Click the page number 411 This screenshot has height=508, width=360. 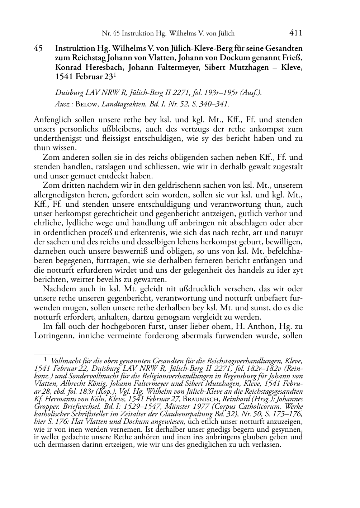click(295, 33)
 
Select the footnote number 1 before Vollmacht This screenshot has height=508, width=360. click(46, 359)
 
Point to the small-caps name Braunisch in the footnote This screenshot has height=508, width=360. click(228, 399)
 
